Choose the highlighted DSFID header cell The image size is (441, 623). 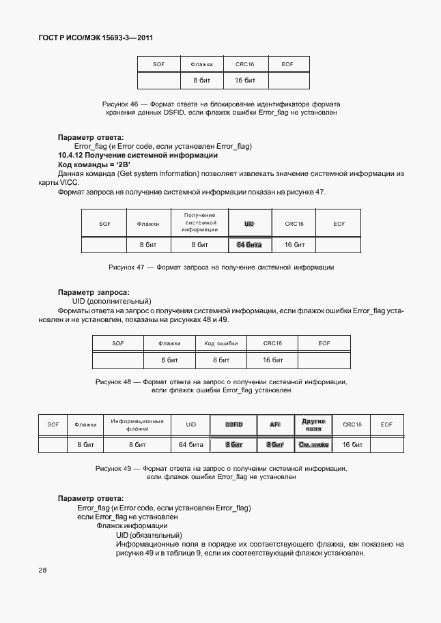(x=234, y=424)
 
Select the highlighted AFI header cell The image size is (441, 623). (x=275, y=424)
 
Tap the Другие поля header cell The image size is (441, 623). (x=313, y=424)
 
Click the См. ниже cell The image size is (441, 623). (x=313, y=444)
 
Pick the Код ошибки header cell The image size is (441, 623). (x=220, y=343)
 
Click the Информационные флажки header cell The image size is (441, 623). (x=137, y=424)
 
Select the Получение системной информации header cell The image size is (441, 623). (x=199, y=222)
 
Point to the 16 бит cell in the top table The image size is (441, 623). (x=244, y=81)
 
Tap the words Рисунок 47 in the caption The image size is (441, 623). (x=127, y=267)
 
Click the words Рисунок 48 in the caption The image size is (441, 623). (x=113, y=382)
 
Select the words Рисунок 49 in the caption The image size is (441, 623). (x=113, y=469)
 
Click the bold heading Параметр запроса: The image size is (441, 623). (x=88, y=292)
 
